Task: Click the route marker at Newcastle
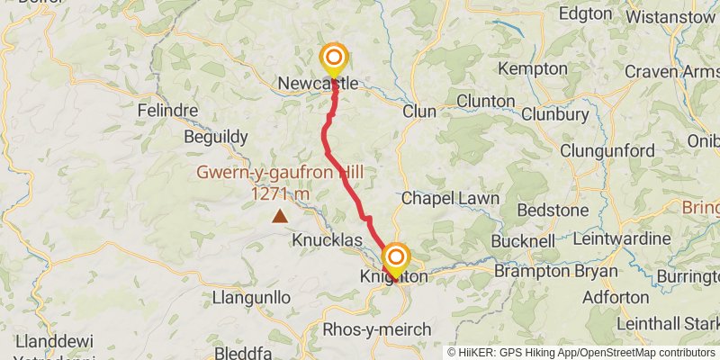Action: point(334,58)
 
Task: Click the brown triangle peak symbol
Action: point(281,215)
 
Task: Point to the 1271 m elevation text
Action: point(281,193)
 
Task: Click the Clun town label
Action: point(418,112)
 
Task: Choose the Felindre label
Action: point(166,111)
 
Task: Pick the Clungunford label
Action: point(607,150)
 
